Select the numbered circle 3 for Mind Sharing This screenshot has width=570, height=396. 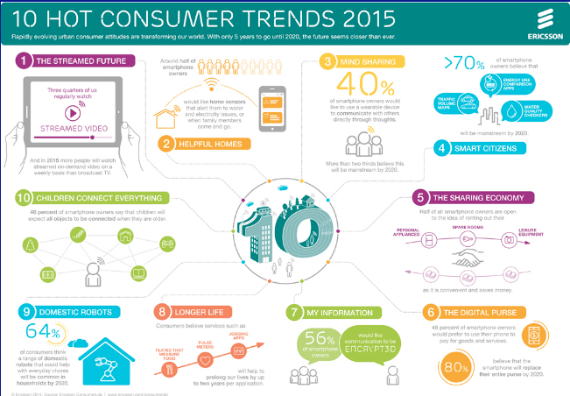coord(327,61)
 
